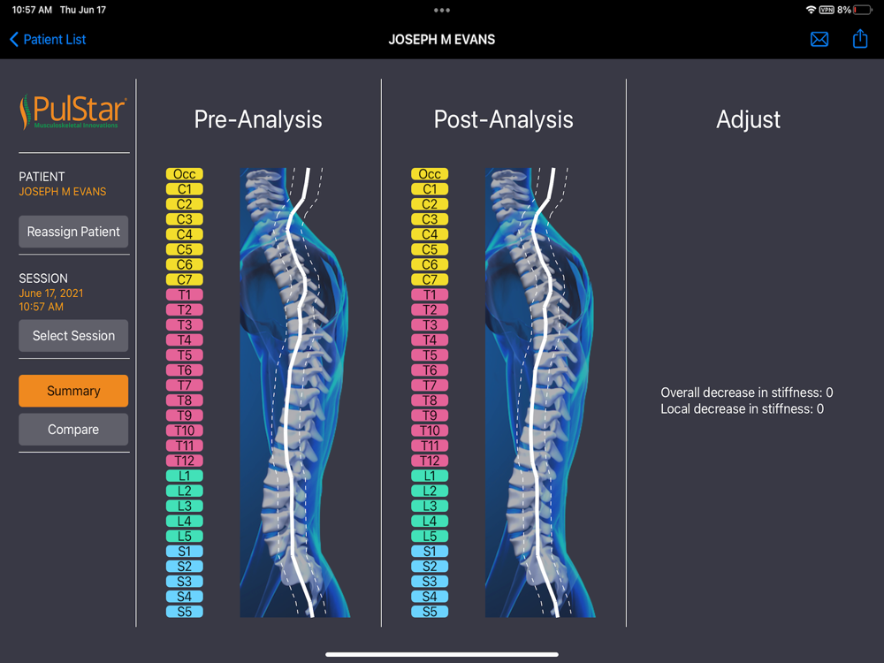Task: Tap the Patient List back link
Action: click(x=48, y=40)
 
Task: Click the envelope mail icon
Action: click(x=819, y=40)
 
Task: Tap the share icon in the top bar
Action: click(x=860, y=39)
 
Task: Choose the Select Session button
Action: click(x=73, y=336)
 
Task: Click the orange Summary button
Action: click(x=73, y=391)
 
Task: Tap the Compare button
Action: click(x=73, y=430)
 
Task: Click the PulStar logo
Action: click(x=73, y=113)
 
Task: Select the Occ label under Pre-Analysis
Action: click(x=184, y=174)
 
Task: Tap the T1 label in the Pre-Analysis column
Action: click(x=184, y=294)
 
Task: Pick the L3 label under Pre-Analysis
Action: click(x=184, y=506)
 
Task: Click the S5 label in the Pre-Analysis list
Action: click(x=184, y=612)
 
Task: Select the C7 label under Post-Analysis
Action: click(x=430, y=279)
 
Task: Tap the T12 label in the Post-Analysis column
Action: click(x=430, y=461)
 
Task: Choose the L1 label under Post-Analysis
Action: click(x=430, y=476)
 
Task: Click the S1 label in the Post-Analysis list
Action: click(x=430, y=552)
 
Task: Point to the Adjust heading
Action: click(x=748, y=120)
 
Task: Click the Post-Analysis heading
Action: click(x=503, y=120)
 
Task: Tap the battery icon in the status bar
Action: click(x=864, y=10)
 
